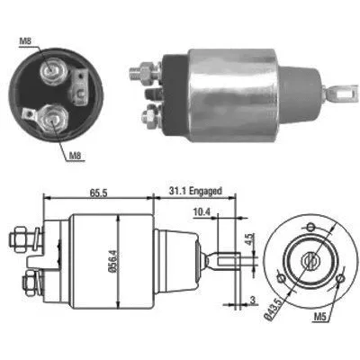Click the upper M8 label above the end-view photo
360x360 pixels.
coord(26,40)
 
